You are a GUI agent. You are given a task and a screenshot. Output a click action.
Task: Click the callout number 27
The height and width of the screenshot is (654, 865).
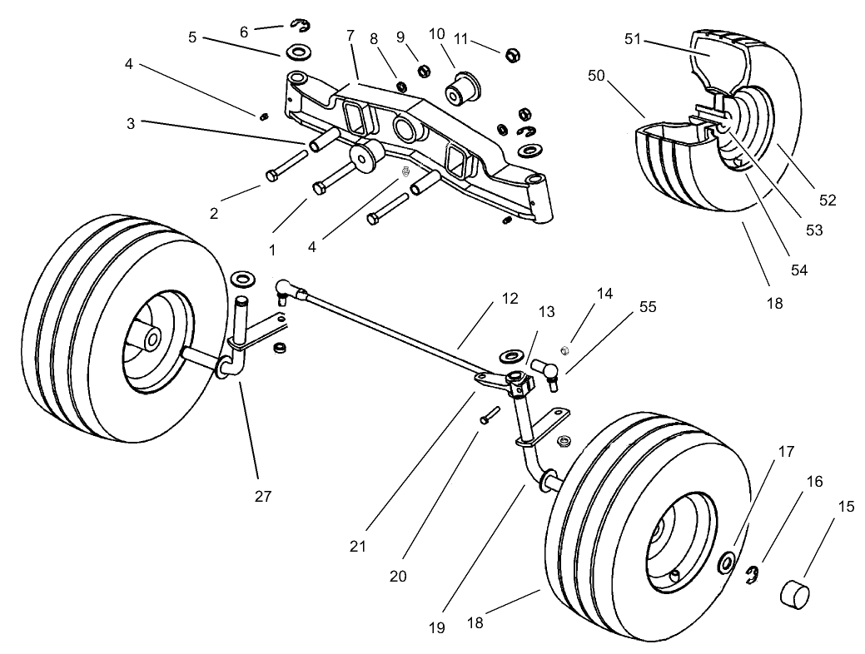[x=263, y=497]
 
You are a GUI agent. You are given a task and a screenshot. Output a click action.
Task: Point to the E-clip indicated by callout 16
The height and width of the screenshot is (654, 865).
[x=754, y=575]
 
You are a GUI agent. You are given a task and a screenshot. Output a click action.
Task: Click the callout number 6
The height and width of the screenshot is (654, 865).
[x=244, y=32]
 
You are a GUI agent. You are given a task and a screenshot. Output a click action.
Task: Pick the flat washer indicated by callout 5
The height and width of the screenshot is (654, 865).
[x=296, y=53]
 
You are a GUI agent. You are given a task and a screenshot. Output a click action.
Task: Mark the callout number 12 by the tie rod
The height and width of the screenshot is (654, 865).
[x=510, y=298]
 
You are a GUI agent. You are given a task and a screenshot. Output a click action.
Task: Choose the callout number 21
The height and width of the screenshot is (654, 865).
[x=359, y=546]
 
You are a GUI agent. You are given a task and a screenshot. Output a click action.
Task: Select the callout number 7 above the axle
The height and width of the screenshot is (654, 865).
[x=350, y=37]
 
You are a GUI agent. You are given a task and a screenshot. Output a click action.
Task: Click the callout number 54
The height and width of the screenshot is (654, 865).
[x=798, y=270]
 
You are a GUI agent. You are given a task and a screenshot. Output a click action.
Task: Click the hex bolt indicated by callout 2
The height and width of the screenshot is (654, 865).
[x=275, y=175]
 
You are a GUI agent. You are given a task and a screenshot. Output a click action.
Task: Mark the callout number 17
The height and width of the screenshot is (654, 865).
[x=787, y=452]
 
